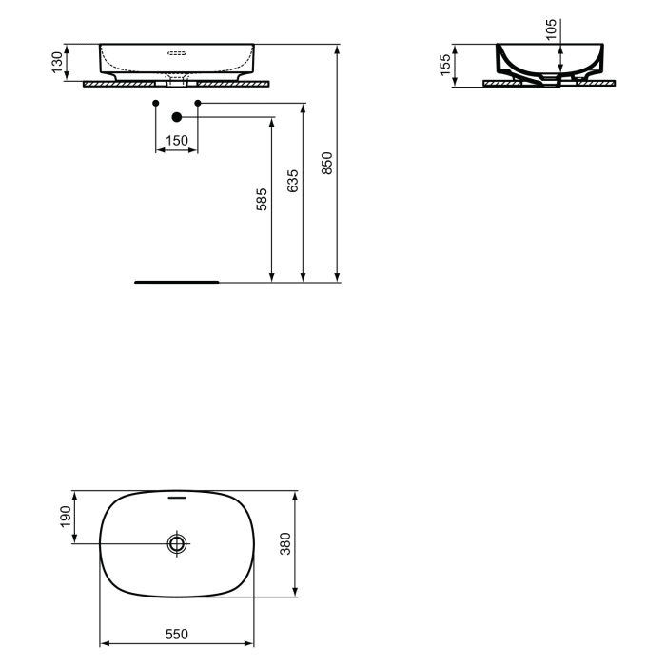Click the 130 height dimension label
pos(57,63)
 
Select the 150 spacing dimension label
pos(176,141)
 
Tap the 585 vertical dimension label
pos(262,199)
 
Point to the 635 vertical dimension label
pos(292,181)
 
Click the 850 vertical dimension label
pos(327,163)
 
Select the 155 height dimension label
pos(445,66)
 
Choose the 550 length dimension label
pos(177,634)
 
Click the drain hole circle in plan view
pos(177,544)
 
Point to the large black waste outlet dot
pos(176,117)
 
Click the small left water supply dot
pos(155,101)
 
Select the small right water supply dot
pos(198,101)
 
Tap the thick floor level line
pos(177,283)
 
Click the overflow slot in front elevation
pos(177,53)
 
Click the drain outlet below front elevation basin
pos(177,82)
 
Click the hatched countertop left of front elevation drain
pos(124,84)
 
